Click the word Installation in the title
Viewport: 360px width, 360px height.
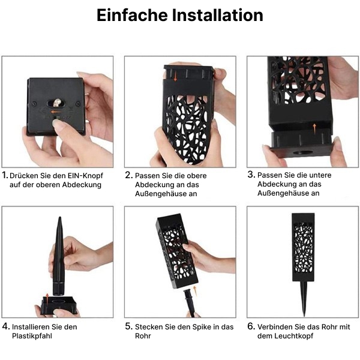pos(217,15)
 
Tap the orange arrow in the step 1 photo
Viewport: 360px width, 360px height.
pos(56,112)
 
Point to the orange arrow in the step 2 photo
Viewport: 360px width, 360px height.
pos(175,76)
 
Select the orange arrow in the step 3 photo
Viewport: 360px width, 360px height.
pos(314,128)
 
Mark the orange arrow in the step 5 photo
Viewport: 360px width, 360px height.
pos(195,290)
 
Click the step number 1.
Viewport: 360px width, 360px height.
pos(5,175)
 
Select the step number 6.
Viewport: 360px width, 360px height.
pos(251,326)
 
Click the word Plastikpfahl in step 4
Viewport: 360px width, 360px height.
pos(32,335)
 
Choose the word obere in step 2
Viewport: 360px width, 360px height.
pos(197,176)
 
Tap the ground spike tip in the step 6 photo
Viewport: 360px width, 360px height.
pos(304,316)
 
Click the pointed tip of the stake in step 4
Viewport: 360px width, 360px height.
pos(59,217)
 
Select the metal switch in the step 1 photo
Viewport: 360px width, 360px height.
pos(57,103)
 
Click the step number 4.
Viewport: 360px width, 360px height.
pos(6,326)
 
